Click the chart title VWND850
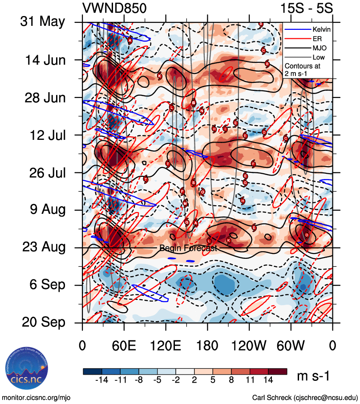pos(114,8)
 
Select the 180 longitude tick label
pos(207,345)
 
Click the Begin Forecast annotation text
pos(188,248)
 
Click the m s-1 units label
pos(313,376)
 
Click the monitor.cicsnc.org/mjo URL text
pos(36,397)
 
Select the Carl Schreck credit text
pos(305,397)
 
